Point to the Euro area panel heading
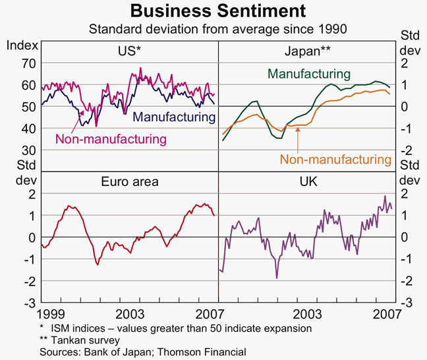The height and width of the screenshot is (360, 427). (128, 181)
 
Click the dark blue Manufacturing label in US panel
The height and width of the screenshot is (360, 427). (175, 118)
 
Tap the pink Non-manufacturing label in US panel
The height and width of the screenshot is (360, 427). (110, 138)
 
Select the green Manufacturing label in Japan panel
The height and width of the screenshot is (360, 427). (308, 74)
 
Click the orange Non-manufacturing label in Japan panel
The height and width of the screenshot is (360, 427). (335, 159)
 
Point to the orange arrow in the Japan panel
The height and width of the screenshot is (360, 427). (298, 136)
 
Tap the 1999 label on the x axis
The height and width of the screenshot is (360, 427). (51, 313)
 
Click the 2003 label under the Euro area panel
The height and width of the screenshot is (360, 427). (129, 313)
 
